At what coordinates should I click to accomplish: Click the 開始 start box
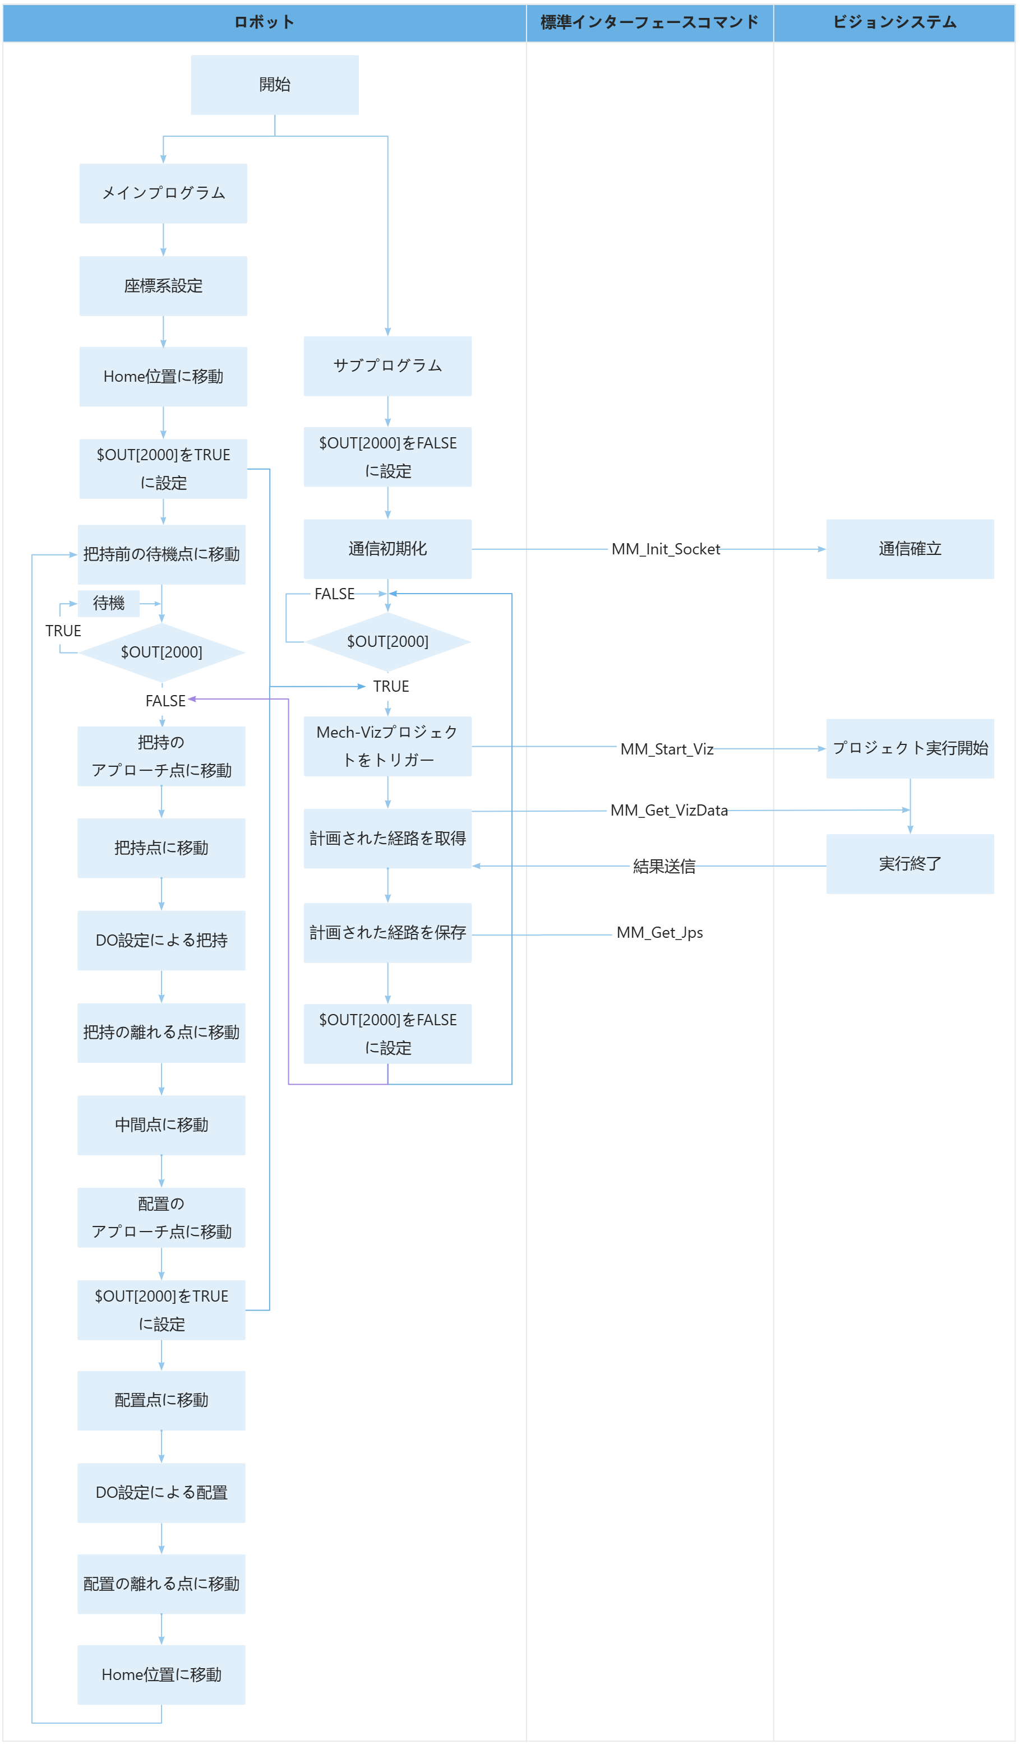point(274,85)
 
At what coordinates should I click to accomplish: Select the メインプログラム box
point(163,193)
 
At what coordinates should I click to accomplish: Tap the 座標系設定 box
point(163,286)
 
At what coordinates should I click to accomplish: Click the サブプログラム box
point(387,365)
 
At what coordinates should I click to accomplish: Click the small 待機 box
point(109,603)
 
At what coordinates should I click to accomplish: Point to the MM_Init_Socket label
point(665,549)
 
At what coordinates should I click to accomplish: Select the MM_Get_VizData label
point(668,810)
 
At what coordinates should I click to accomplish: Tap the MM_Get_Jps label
point(659,933)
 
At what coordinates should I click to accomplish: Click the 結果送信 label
point(664,866)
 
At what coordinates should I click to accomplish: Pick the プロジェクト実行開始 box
point(910,748)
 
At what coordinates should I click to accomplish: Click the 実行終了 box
point(910,863)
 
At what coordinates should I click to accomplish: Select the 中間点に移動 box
point(161,1124)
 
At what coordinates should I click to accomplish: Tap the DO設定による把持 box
point(161,941)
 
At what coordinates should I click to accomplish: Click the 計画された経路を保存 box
point(387,933)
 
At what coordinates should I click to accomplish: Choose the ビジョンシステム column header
point(894,22)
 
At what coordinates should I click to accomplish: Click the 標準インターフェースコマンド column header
point(649,22)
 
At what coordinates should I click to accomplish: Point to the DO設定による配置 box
point(161,1492)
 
